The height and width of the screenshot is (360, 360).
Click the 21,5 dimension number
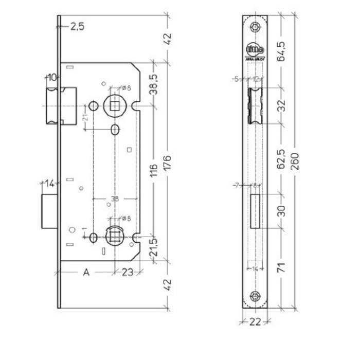tap(153, 249)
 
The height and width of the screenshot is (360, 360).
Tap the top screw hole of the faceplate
tap(256, 26)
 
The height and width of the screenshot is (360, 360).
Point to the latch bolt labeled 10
tap(60, 105)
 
